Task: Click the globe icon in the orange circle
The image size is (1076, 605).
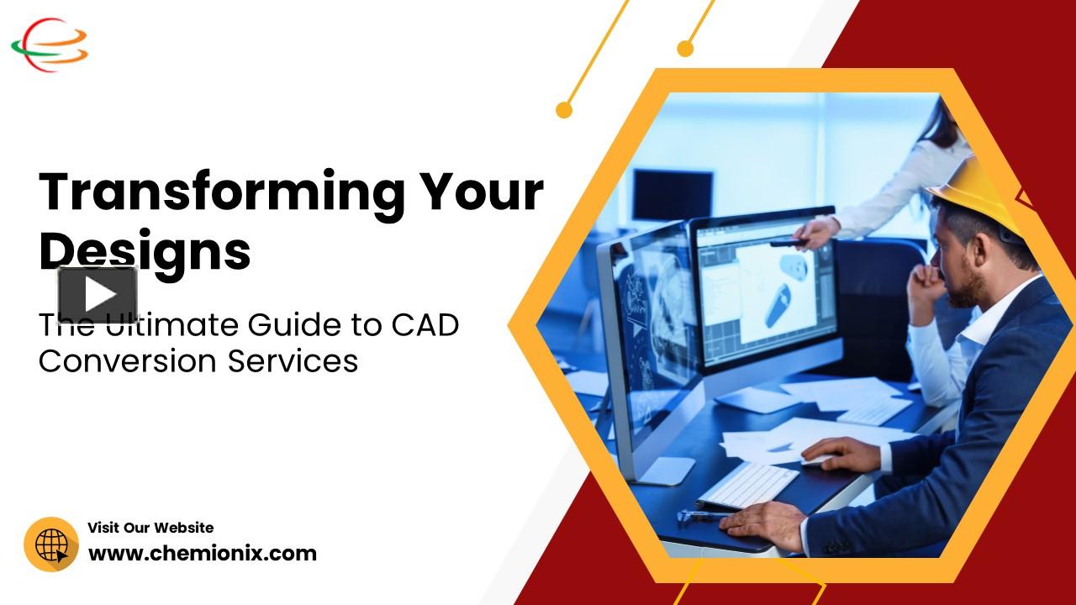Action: (51, 544)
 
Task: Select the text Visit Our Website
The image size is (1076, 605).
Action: (150, 528)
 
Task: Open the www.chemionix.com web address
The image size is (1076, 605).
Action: (203, 554)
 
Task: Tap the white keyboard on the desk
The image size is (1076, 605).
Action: (748, 486)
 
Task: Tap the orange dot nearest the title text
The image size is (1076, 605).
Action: (564, 109)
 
